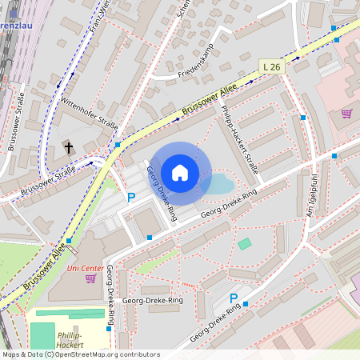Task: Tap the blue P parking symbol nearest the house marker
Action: (132, 198)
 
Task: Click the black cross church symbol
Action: (69, 147)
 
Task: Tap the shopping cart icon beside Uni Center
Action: (90, 278)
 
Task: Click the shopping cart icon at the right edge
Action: (346, 114)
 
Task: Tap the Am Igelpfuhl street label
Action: (314, 191)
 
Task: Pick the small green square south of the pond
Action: (244, 243)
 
